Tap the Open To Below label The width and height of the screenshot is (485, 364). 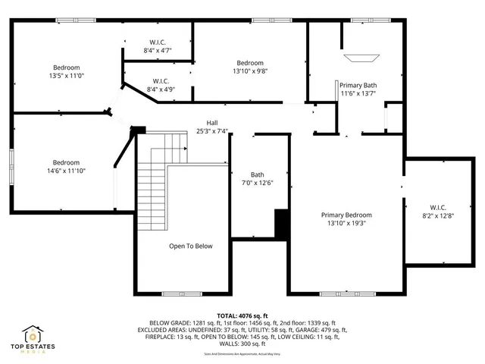190,246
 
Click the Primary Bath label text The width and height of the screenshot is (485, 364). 358,85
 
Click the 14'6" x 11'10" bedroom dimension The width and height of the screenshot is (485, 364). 65,171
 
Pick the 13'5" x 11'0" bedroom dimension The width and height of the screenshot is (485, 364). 65,77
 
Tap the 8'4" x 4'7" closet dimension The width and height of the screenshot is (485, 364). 158,51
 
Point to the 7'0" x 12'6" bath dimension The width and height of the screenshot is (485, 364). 258,183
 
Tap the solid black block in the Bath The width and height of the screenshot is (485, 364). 282,224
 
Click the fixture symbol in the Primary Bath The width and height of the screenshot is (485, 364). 359,57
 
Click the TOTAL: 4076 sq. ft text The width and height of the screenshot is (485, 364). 242,315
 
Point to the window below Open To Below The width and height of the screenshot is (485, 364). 182,293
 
